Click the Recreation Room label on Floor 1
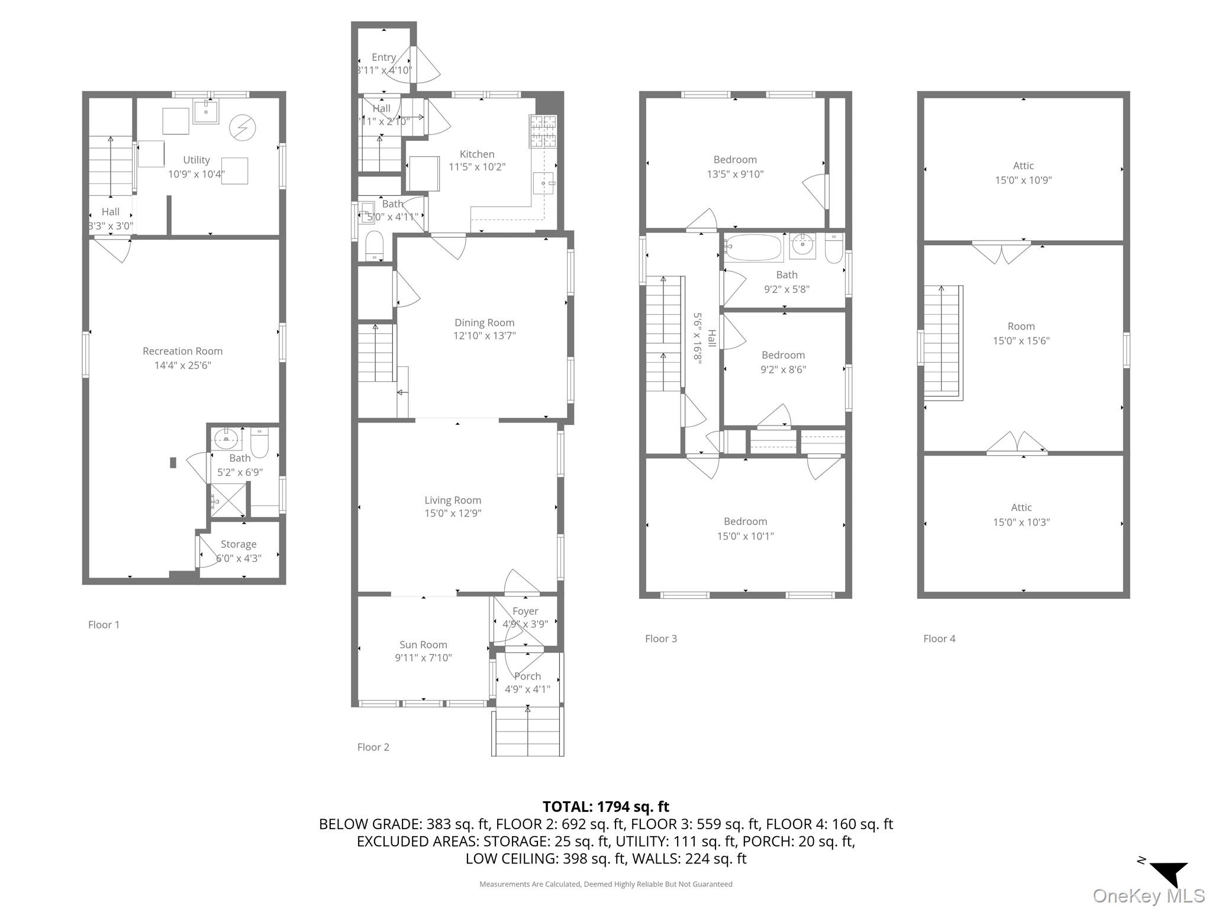point(182,351)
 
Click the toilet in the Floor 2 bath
point(374,245)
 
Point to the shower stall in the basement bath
point(228,501)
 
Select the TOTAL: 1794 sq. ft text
point(605,806)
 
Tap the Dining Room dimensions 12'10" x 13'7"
point(484,336)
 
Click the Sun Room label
point(423,644)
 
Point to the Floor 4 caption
point(939,639)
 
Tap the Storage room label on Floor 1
point(238,544)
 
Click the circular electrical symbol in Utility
point(242,127)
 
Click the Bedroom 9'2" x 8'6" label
point(783,362)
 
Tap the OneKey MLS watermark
point(1148,895)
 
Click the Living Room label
point(453,500)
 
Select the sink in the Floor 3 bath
point(802,244)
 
